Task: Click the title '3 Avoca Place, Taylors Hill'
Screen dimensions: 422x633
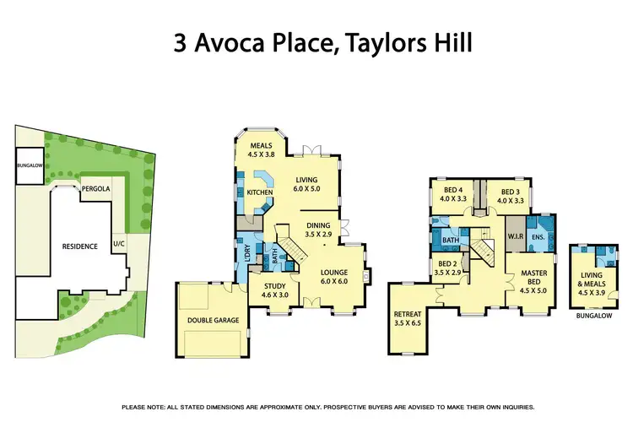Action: pyautogui.click(x=316, y=43)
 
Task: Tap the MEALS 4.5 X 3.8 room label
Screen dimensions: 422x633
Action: pyautogui.click(x=262, y=149)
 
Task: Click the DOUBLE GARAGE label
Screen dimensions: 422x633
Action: pyautogui.click(x=214, y=320)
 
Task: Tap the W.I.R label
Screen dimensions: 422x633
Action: pyautogui.click(x=517, y=236)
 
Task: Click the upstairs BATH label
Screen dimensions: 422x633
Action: pyautogui.click(x=451, y=240)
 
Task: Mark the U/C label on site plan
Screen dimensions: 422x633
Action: pyautogui.click(x=117, y=245)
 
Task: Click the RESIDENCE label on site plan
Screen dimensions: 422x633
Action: pyautogui.click(x=81, y=246)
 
